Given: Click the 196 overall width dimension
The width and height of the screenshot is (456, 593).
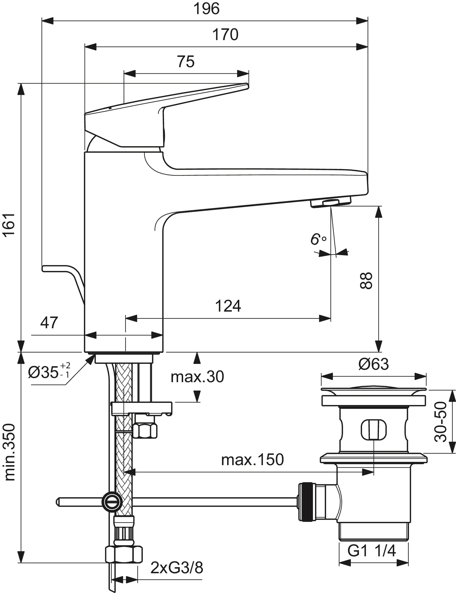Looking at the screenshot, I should point(206,9).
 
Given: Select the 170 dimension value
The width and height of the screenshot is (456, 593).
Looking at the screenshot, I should point(225,35).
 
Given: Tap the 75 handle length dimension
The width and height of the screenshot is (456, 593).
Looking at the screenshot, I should point(186,62).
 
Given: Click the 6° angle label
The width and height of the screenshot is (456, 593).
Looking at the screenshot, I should point(317,239).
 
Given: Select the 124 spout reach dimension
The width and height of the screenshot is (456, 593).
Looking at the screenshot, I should point(228,306).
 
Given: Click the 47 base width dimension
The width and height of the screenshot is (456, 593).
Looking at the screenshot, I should point(49,322).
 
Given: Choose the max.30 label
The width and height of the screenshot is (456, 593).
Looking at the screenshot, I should point(197,377).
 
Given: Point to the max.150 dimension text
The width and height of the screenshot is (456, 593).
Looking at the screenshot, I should point(252,459).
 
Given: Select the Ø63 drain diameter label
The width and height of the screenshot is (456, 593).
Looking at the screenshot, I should point(374,364).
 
